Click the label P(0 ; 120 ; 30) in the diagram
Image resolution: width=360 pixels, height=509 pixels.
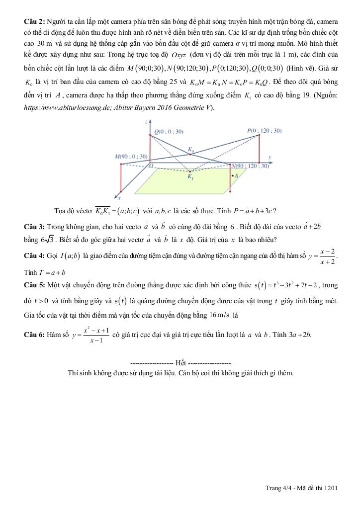tap(265, 130)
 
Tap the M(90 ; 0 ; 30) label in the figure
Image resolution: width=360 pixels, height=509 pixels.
tap(131, 156)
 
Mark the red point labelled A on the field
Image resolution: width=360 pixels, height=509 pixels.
tap(232, 175)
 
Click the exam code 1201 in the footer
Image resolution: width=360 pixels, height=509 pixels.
tap(331, 488)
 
